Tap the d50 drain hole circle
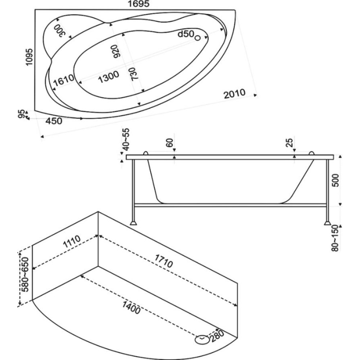197,37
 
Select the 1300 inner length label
108,76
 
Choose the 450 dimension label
54,121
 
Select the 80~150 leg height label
335,239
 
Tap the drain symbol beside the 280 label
201,338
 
